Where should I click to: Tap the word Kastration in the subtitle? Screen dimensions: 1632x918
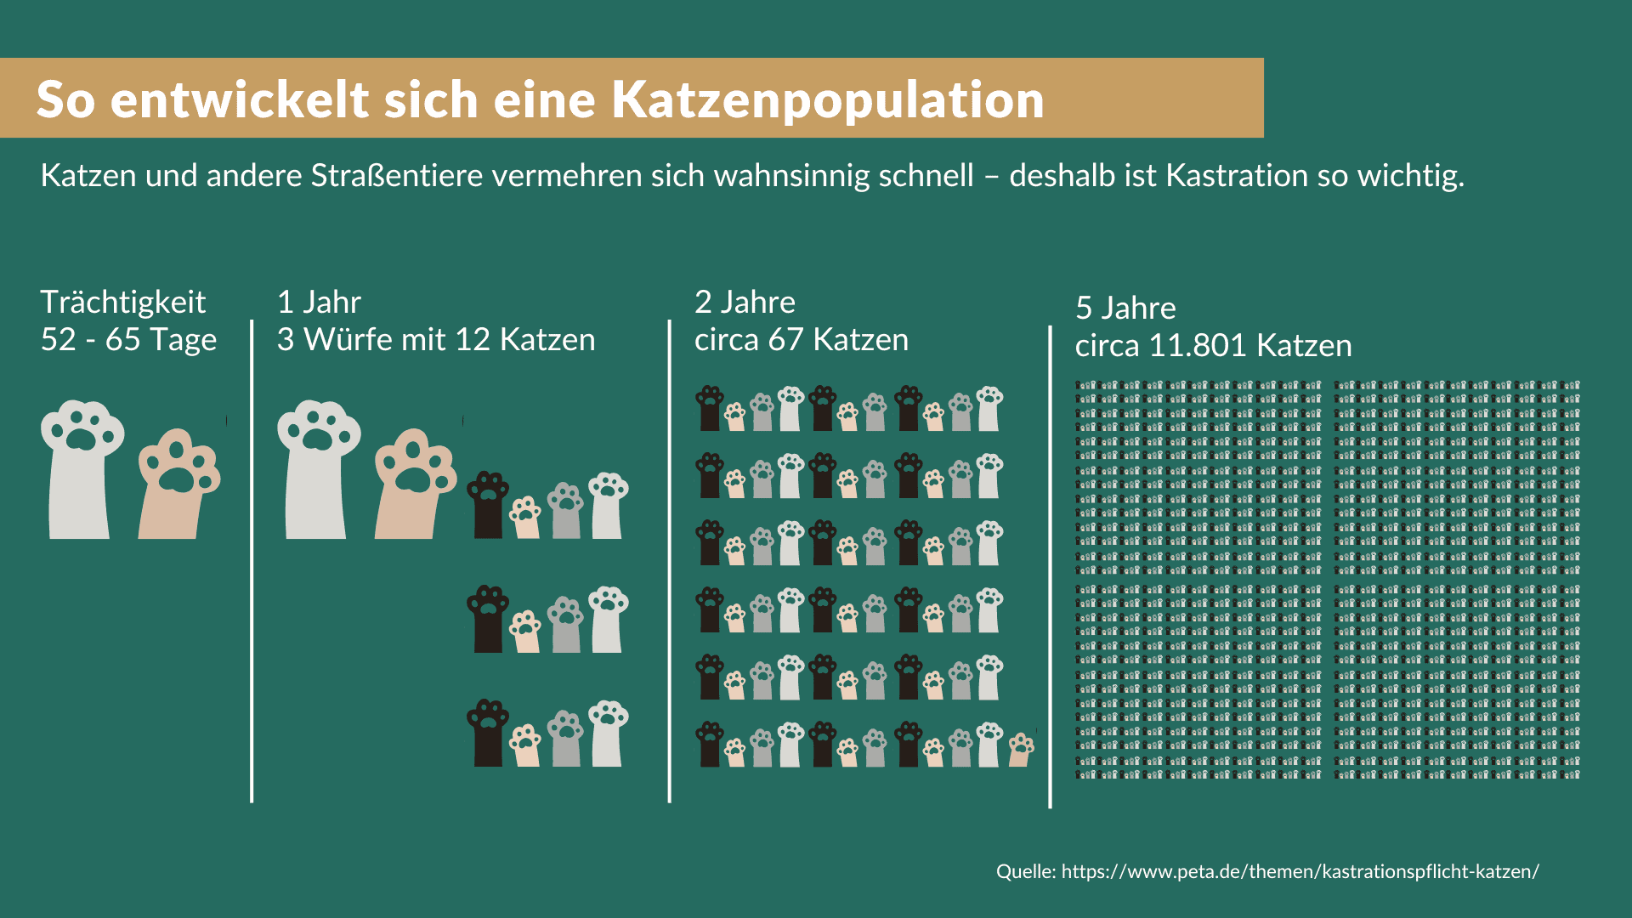tap(1237, 175)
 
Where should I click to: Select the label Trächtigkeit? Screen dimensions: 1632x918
tap(123, 302)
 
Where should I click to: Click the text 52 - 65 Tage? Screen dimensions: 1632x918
tap(128, 340)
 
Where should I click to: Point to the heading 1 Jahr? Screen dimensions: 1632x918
tap(319, 302)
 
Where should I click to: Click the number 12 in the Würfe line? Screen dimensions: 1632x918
tap(473, 340)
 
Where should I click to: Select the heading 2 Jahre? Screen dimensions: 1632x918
tap(745, 302)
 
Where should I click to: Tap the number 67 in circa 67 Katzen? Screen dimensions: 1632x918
tap(786, 340)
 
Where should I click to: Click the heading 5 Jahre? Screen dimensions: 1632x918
tap(1125, 308)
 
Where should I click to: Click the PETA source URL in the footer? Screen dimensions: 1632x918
tap(1300, 872)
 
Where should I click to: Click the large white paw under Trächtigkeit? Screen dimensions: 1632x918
tap(81, 469)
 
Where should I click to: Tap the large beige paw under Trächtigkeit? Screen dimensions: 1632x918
tap(179, 484)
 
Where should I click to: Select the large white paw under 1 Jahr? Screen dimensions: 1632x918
tap(317, 469)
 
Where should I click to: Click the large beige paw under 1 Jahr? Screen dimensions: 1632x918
tap(416, 484)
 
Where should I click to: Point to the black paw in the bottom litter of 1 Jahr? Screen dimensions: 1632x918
tap(488, 733)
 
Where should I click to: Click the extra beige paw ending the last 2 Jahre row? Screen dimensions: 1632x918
tap(1021, 750)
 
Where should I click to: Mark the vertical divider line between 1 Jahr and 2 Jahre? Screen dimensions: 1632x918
tap(670, 561)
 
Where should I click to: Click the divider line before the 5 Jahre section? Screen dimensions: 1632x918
tap(1051, 566)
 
